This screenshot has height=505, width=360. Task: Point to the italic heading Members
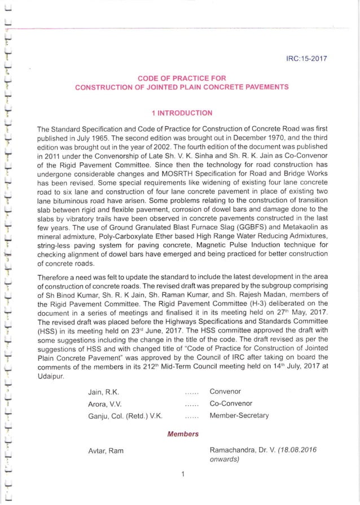tap(183, 434)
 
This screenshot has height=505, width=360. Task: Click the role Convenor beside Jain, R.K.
tap(225, 392)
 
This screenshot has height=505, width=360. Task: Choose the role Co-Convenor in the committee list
tap(231, 404)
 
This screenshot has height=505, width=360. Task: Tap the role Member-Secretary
tap(239, 416)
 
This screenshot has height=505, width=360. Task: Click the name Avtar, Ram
tap(106, 451)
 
